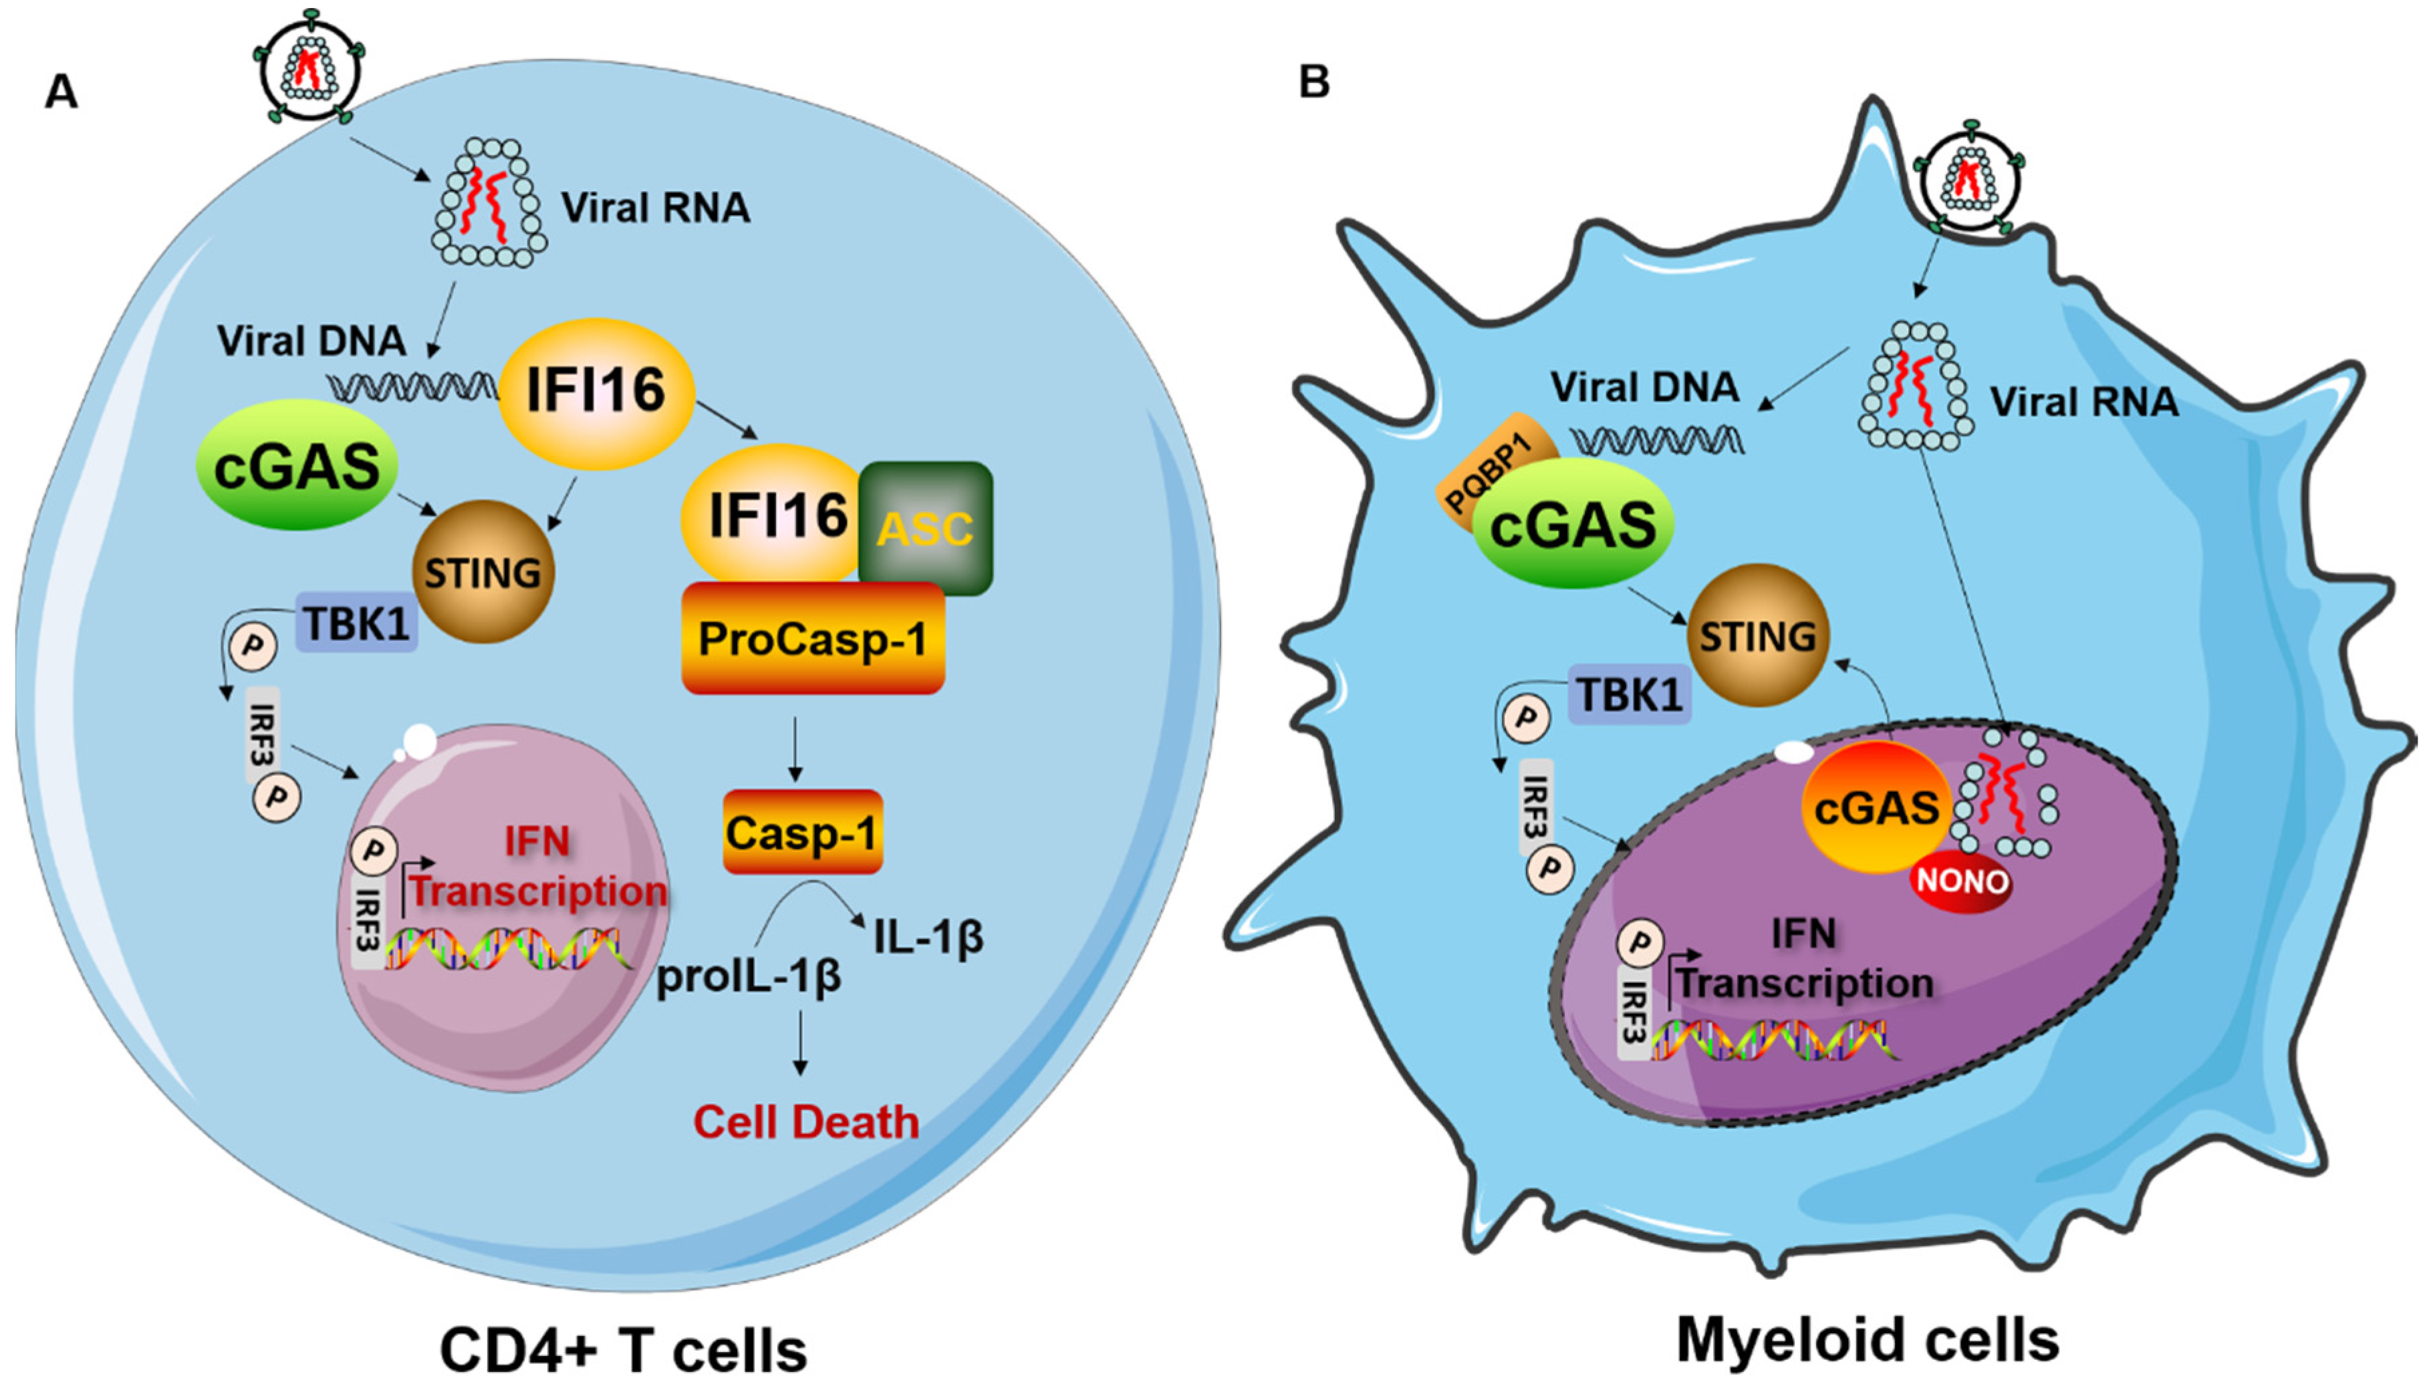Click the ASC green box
click(926, 528)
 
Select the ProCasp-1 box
click(813, 638)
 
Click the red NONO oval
click(1961, 881)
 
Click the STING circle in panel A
click(482, 572)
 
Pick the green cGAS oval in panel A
click(296, 465)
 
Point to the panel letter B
click(1314, 83)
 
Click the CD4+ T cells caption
click(623, 1350)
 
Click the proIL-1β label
click(749, 977)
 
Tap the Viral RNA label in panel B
click(2083, 402)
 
